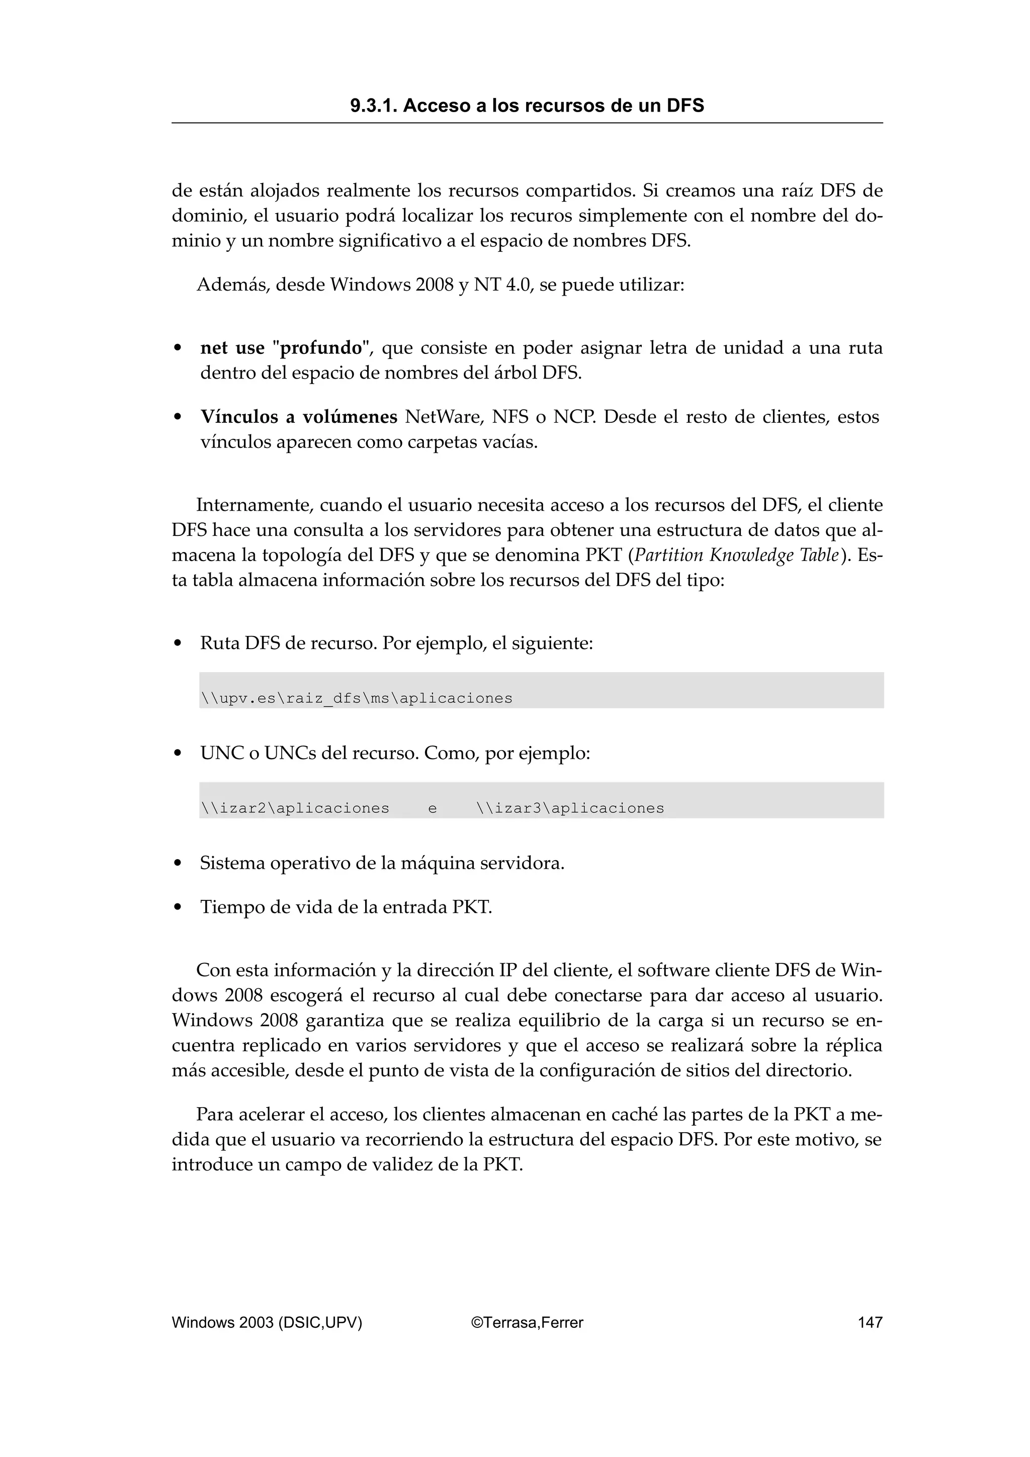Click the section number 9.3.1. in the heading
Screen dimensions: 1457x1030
[x=374, y=106]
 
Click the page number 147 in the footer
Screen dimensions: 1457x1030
[x=870, y=1322]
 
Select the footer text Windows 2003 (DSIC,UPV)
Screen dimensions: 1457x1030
[x=267, y=1322]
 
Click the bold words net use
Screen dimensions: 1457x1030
[x=232, y=348]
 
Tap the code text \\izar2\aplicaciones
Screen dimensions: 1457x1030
[x=295, y=808]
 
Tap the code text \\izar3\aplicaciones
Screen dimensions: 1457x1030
[x=570, y=808]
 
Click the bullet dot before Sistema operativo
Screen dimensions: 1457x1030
[x=179, y=864]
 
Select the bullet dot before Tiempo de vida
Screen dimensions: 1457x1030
[x=179, y=907]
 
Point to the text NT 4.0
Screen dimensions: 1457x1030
[x=501, y=285]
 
